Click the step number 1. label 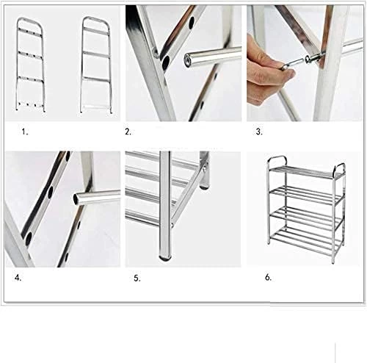[25, 132]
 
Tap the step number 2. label [128, 132]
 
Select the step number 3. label [259, 132]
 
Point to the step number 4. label [18, 278]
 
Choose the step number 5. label [137, 278]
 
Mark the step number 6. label [269, 278]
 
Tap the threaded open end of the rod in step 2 [188, 60]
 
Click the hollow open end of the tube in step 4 [77, 198]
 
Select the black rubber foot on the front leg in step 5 [166, 258]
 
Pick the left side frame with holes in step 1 [31, 65]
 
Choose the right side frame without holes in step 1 [95, 65]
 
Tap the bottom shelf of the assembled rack [307, 237]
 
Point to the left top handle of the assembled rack [277, 161]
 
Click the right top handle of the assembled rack [339, 169]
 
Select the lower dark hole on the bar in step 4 [29, 239]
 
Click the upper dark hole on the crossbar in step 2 [192, 20]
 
